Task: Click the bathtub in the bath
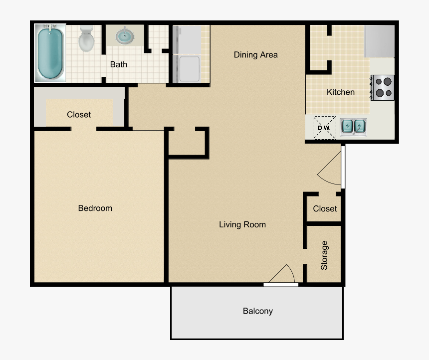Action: tap(50, 53)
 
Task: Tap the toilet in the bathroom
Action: tap(87, 38)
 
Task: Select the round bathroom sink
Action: tap(124, 36)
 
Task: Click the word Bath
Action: tap(119, 64)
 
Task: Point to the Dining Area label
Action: tap(255, 55)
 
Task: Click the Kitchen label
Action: tap(341, 92)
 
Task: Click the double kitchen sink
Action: tap(354, 127)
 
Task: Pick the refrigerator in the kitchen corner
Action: tap(380, 41)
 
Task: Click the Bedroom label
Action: tap(95, 208)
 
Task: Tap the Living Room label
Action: tap(242, 225)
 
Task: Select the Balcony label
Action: tap(258, 311)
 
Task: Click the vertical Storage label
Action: tap(324, 255)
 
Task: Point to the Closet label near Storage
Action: tap(325, 209)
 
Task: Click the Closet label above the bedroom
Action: tap(79, 115)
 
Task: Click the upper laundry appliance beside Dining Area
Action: tap(186, 39)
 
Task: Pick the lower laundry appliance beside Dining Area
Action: tap(186, 68)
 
